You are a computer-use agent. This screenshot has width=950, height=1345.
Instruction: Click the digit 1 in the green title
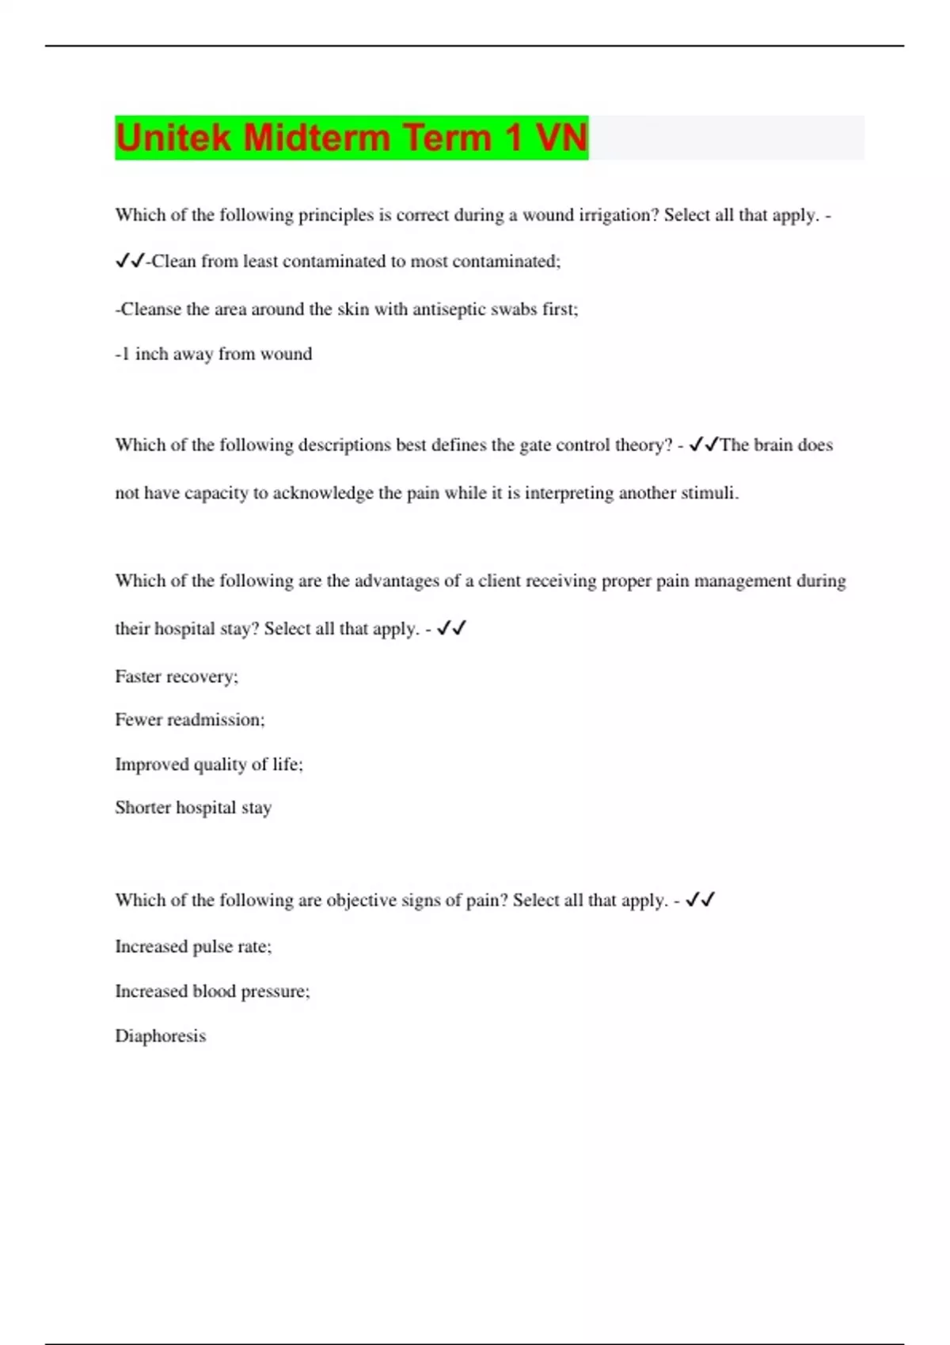(514, 138)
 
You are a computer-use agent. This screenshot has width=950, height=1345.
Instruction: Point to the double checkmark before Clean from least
(130, 261)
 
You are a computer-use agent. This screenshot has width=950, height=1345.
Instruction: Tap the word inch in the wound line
(150, 354)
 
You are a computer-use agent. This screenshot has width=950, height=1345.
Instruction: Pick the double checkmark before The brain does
(704, 445)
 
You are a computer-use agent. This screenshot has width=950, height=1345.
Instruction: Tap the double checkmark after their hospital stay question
(451, 628)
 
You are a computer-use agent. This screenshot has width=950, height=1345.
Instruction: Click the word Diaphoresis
(160, 1036)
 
